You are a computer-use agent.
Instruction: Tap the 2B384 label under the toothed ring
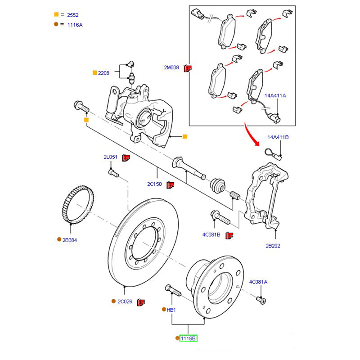click(70, 240)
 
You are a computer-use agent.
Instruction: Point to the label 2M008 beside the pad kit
click(171, 68)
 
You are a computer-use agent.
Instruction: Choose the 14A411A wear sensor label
click(275, 96)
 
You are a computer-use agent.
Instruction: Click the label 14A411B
click(278, 137)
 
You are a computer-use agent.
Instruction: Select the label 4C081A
click(258, 282)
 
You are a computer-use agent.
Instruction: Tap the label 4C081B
click(211, 234)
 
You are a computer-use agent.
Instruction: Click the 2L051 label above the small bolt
click(110, 157)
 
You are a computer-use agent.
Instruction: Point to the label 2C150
click(154, 184)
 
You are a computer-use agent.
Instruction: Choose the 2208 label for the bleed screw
click(104, 72)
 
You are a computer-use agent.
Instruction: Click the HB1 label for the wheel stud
click(171, 310)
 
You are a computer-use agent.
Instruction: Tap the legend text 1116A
click(75, 25)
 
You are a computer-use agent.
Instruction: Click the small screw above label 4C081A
click(261, 299)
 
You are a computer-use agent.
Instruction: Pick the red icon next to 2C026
click(140, 301)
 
